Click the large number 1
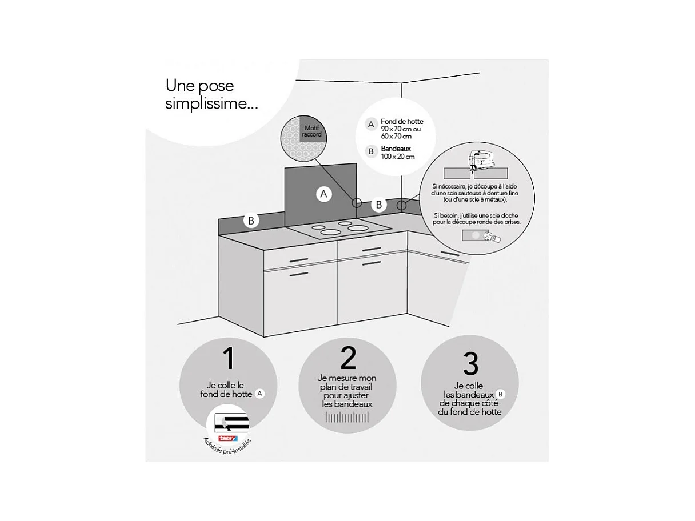228,358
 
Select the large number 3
470,363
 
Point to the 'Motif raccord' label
312,131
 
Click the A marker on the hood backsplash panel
324,194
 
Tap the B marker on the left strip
251,221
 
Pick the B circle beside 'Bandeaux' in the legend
371,151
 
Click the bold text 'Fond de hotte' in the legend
402,121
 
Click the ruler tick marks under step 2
347,418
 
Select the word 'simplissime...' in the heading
211,104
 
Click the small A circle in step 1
260,394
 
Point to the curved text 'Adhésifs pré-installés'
227,450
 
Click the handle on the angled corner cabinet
449,253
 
